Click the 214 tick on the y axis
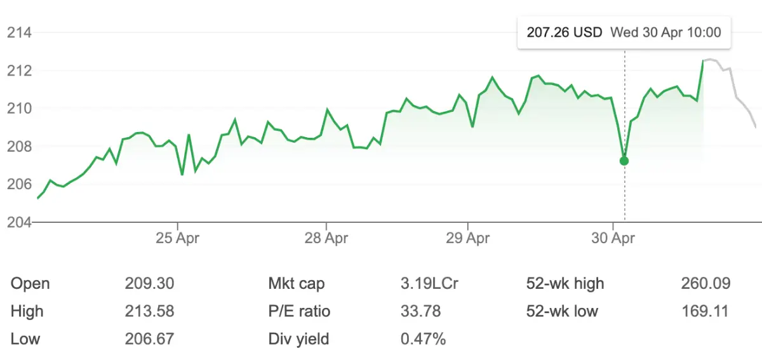pyautogui.click(x=19, y=32)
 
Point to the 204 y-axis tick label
pyautogui.click(x=19, y=222)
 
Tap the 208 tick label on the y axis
pyautogui.click(x=19, y=147)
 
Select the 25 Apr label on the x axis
pyautogui.click(x=178, y=239)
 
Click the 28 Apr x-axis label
pyautogui.click(x=326, y=239)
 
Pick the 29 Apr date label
pyautogui.click(x=468, y=239)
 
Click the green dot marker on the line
pyautogui.click(x=624, y=161)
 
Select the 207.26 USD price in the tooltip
pyautogui.click(x=565, y=32)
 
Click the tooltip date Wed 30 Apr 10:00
pyautogui.click(x=665, y=32)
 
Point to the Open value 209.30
pyautogui.click(x=149, y=283)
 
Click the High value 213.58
pyautogui.click(x=149, y=311)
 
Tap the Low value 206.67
pyautogui.click(x=149, y=339)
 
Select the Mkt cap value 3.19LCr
pyautogui.click(x=429, y=283)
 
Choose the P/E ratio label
pyautogui.click(x=299, y=311)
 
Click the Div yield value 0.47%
pyautogui.click(x=423, y=339)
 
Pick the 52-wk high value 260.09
pyautogui.click(x=704, y=283)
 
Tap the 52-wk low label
pyautogui.click(x=562, y=311)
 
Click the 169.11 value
pyautogui.click(x=704, y=311)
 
